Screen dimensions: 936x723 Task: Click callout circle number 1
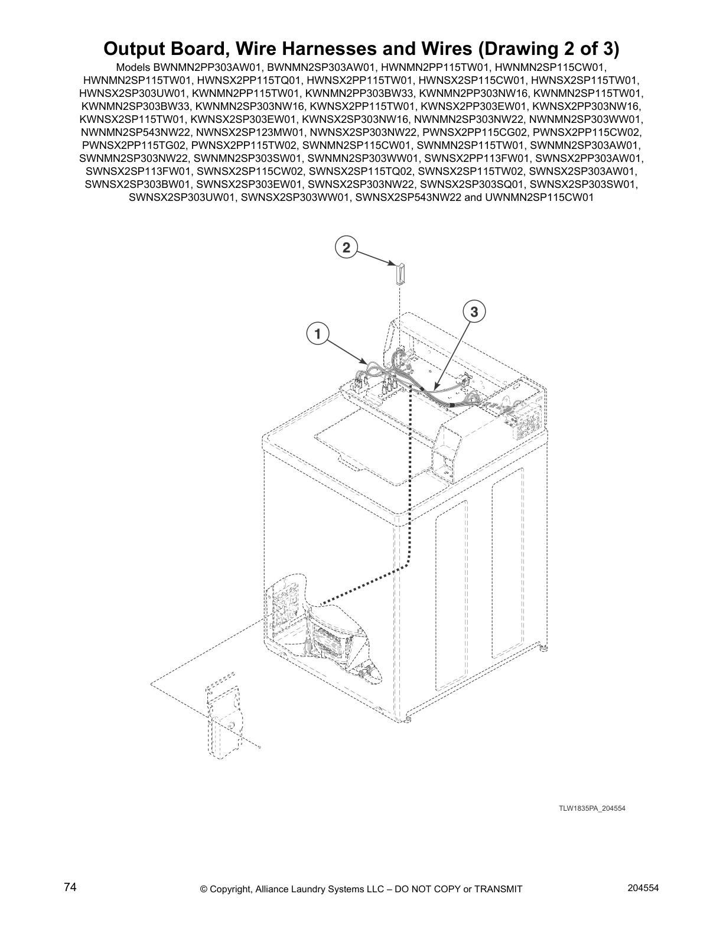point(317,334)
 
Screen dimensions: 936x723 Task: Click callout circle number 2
point(346,247)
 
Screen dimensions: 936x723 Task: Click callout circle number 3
point(474,311)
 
